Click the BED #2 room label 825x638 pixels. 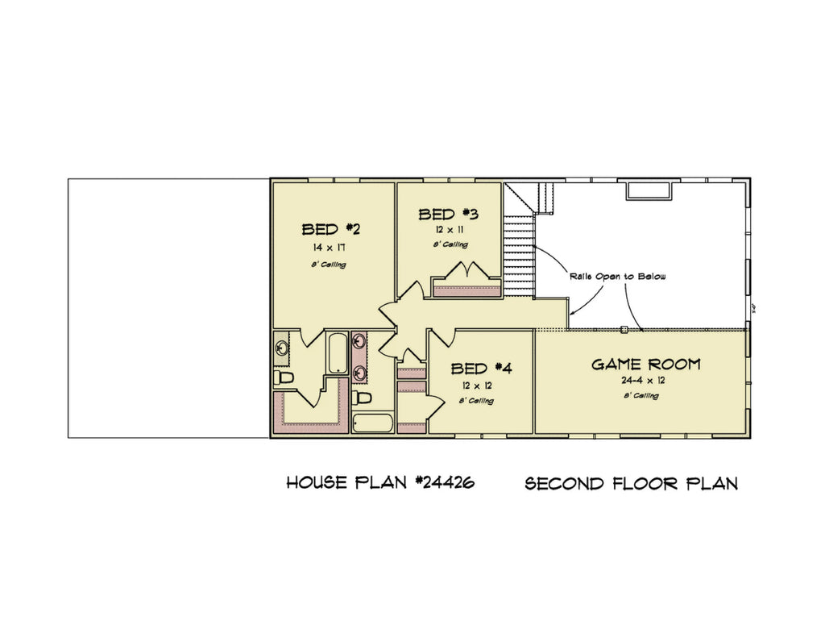(331, 229)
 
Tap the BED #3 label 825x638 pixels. (449, 215)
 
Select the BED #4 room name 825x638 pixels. (481, 369)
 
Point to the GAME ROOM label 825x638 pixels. (646, 365)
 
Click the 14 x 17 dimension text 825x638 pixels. (331, 248)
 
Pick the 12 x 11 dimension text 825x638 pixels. (449, 230)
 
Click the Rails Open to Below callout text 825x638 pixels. (618, 276)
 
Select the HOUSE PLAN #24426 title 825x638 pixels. (380, 483)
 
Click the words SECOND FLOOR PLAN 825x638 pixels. (632, 484)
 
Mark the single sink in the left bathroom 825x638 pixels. (282, 348)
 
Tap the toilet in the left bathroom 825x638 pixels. (284, 377)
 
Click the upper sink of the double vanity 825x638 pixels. (359, 341)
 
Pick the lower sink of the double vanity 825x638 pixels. (359, 372)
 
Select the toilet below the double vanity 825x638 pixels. (363, 398)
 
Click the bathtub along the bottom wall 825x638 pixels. (372, 423)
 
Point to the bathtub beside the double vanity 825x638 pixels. (338, 352)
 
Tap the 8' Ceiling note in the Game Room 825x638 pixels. (641, 396)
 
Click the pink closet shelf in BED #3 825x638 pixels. (467, 291)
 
